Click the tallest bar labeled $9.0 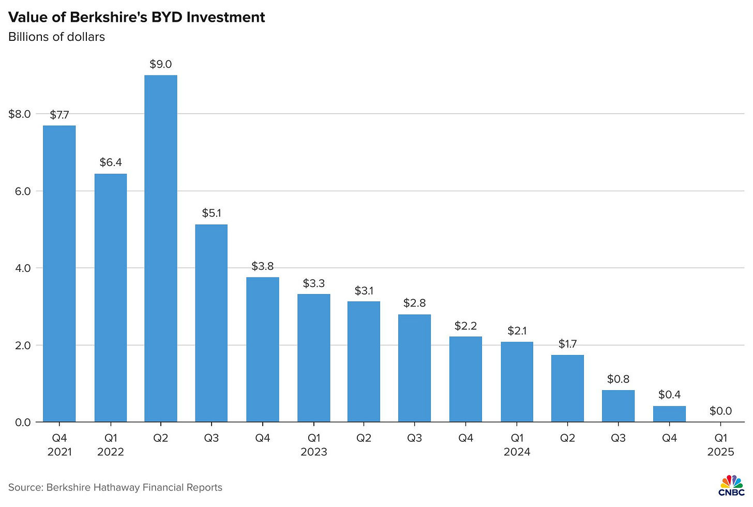160,248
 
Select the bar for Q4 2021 59,274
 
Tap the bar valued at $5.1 211,323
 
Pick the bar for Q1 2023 313,358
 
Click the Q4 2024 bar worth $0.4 669,414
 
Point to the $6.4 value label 111,163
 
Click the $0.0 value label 720,411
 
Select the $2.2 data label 465,326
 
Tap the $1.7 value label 567,344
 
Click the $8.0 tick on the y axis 20,114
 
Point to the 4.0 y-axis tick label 23,268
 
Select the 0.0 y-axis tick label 23,422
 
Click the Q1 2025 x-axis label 720,445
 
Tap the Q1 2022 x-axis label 111,445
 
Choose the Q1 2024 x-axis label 517,445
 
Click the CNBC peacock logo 731,485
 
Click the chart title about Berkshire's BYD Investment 137,17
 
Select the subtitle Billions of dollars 57,37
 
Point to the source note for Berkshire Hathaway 115,487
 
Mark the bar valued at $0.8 618,406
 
